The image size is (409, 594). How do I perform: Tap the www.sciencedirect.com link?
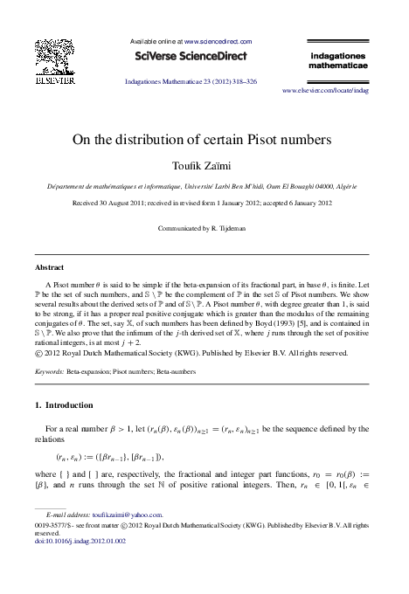tap(217, 41)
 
